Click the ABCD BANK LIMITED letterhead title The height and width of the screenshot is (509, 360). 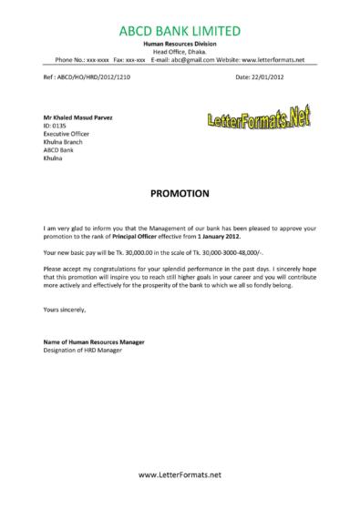pos(180,33)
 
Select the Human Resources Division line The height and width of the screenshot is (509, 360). pos(179,44)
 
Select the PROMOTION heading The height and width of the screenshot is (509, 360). pos(180,193)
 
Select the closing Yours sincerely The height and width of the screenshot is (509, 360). pos(64,309)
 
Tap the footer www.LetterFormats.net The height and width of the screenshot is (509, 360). pos(180,475)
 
